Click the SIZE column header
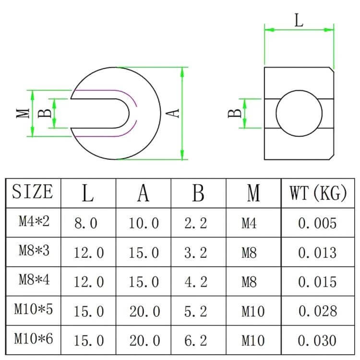click(32, 192)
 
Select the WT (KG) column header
click(318, 193)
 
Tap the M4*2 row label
click(34, 221)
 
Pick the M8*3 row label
click(34, 250)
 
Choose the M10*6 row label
click(34, 338)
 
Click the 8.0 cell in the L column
click(86, 223)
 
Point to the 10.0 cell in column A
click(144, 223)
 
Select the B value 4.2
click(196, 282)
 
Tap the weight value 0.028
click(318, 311)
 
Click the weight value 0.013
click(318, 252)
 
